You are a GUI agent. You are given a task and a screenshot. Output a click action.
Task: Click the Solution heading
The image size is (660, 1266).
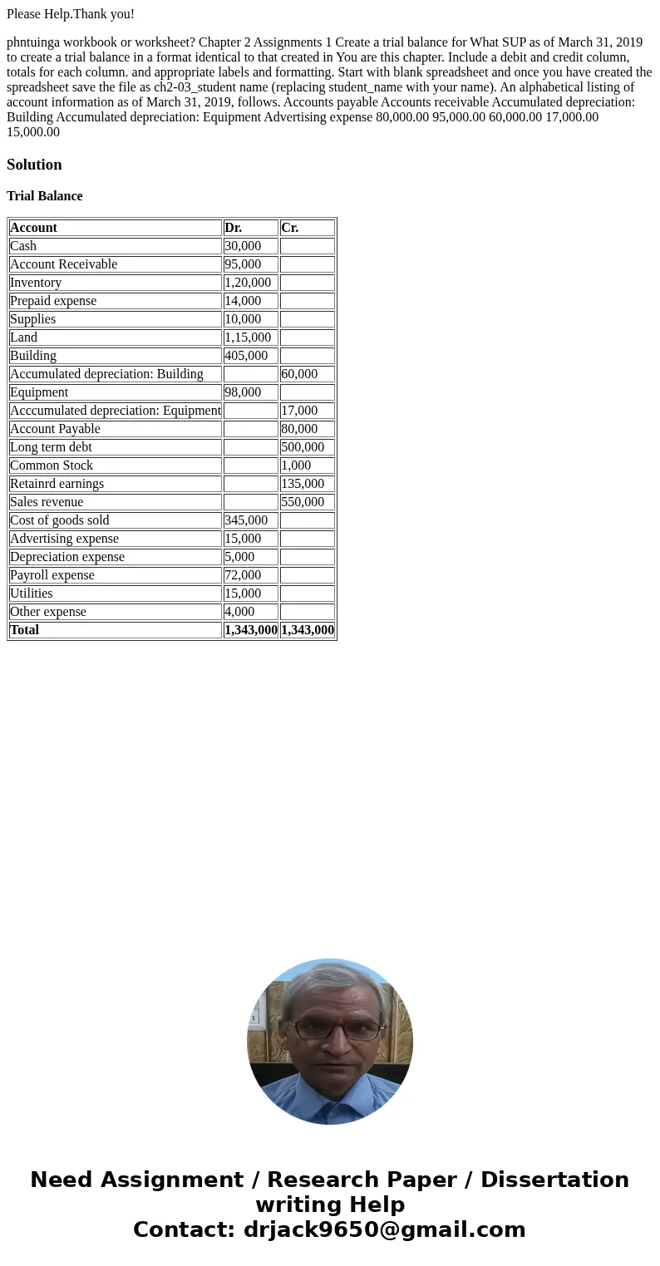tap(34, 165)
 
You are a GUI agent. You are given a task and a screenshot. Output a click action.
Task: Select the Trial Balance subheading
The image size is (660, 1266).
tap(45, 196)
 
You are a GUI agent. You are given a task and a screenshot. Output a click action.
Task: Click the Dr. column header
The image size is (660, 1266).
tap(234, 228)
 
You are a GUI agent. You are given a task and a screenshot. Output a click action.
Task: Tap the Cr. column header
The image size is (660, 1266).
tap(290, 228)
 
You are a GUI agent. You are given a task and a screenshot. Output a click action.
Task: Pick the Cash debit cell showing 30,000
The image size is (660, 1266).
tap(243, 246)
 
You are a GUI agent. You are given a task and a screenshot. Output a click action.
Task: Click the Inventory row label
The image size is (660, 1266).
tap(36, 283)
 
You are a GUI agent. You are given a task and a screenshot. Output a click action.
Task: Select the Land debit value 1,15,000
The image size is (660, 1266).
tap(248, 337)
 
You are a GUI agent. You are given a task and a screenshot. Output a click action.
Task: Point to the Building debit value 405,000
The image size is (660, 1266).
tap(246, 356)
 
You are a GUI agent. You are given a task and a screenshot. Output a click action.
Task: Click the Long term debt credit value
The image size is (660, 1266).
tap(303, 447)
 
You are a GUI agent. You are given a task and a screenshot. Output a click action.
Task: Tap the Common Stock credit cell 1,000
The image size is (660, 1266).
tap(296, 466)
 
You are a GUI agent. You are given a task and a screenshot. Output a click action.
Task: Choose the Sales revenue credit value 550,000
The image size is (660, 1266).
tap(303, 502)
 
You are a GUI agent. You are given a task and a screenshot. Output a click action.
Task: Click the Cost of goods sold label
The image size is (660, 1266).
tap(60, 520)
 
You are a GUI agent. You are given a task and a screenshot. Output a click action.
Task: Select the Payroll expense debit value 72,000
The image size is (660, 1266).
tap(243, 575)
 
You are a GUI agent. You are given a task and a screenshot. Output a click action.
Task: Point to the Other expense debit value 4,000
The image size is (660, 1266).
tap(239, 612)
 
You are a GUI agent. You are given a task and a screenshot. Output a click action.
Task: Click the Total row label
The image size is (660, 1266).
tap(25, 630)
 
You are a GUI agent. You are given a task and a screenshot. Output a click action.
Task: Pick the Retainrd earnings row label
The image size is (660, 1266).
tap(57, 484)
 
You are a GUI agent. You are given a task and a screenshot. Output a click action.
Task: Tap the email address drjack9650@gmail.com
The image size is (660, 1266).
tap(384, 1229)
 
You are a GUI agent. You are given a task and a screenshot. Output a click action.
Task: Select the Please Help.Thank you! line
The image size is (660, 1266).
tap(71, 14)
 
